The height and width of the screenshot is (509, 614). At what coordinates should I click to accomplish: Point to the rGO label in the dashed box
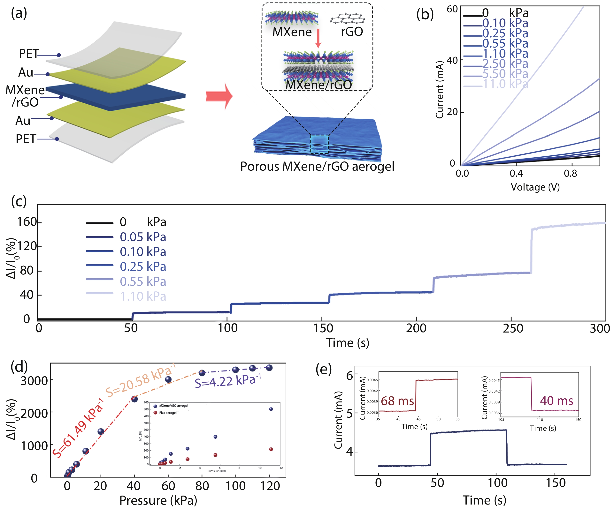(352, 32)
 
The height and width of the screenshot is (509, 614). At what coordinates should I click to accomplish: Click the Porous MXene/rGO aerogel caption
(317, 167)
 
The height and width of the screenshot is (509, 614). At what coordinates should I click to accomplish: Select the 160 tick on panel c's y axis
(27, 222)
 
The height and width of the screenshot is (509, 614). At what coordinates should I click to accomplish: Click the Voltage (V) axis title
(535, 187)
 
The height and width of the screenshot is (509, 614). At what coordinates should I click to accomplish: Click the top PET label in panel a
(29, 54)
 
